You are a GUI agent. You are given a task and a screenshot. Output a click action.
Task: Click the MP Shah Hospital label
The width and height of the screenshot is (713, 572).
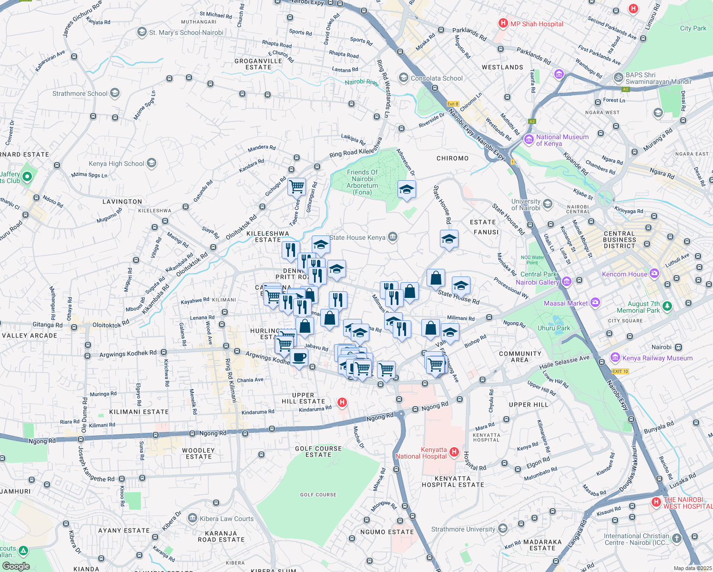coord(537,24)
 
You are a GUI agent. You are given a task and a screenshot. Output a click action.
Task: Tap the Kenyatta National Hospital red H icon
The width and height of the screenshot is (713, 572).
coord(454,451)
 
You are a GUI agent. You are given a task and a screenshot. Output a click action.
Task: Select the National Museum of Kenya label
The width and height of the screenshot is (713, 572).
coord(562,140)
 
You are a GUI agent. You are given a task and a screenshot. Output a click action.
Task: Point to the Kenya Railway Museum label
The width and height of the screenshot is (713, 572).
coord(657,358)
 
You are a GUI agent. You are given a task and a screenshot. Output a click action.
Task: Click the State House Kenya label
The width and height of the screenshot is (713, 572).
coord(357,237)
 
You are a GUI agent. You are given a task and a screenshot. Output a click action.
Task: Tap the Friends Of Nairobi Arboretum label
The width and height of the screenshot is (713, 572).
coord(362,182)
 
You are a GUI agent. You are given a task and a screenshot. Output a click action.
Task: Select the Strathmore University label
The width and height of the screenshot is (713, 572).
coord(463,529)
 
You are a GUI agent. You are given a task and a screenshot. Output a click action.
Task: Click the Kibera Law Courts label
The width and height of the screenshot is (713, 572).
coord(226,519)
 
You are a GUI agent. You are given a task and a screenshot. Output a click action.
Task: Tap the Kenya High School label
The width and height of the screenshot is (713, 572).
coord(116,163)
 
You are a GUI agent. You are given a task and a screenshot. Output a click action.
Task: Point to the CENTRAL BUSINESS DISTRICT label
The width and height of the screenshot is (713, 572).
coord(619,240)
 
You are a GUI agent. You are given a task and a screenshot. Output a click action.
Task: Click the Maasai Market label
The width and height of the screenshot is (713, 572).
coord(566,303)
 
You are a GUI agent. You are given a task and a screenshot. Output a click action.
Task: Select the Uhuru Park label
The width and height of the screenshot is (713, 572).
coord(554,328)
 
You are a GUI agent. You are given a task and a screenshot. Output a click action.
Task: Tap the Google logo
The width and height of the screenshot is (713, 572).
coord(16,566)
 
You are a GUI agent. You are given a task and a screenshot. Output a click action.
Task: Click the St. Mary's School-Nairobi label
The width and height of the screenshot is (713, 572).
coord(186,32)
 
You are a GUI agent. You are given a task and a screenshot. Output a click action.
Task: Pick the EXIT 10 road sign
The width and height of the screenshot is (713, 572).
coord(620,371)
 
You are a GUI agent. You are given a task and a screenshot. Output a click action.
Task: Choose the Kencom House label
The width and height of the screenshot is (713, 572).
coord(624,274)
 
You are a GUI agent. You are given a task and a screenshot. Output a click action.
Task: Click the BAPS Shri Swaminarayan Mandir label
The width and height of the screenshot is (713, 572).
coord(658,78)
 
